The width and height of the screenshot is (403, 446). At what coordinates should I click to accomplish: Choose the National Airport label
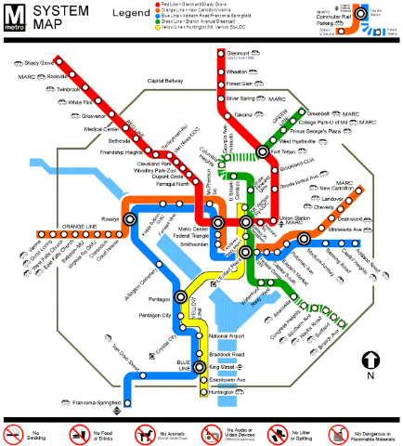[x=229, y=334]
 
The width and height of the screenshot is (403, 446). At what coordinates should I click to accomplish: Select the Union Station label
[x=297, y=218]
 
